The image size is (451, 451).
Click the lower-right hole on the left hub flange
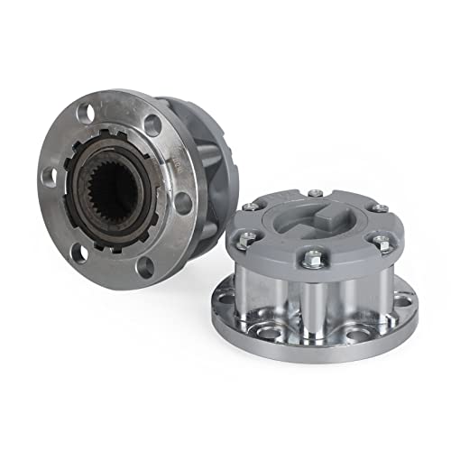coord(145,265)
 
